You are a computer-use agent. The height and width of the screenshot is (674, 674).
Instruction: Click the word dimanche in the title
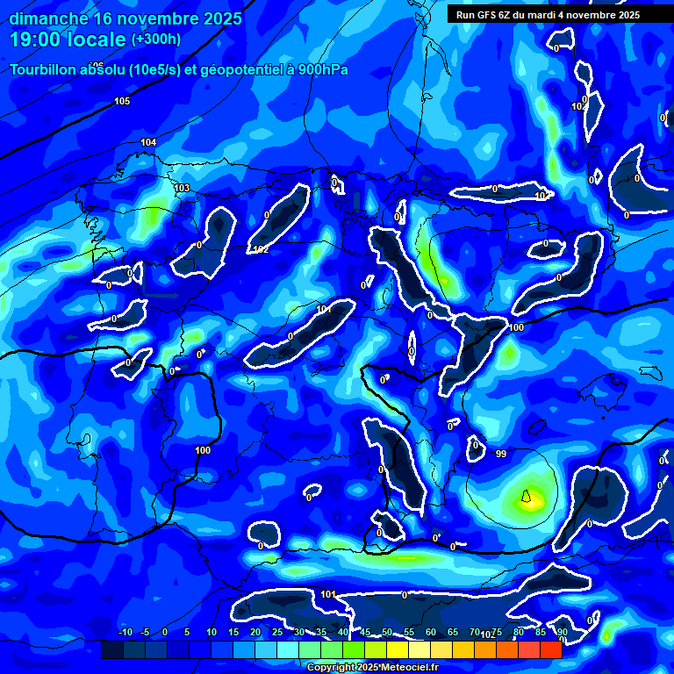47,18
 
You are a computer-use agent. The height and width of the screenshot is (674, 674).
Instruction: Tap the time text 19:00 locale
68,39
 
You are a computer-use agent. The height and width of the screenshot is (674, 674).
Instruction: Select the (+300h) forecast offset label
155,39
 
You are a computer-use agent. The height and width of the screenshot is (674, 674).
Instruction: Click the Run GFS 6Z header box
548,14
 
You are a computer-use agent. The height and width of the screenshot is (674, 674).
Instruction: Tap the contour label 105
122,102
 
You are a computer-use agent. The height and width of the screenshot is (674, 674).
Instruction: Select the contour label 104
148,142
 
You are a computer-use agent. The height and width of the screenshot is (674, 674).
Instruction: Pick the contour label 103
182,189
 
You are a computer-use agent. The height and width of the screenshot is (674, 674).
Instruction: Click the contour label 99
501,454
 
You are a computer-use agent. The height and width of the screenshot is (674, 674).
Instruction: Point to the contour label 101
327,595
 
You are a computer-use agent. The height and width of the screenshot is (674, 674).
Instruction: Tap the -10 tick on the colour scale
125,632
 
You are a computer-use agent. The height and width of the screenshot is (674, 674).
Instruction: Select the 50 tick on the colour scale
386,632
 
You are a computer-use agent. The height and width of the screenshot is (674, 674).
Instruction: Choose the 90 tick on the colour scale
562,632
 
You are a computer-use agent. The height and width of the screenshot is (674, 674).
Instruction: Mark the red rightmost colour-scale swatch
550,649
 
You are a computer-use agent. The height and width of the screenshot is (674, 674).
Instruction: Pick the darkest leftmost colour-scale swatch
111,649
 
